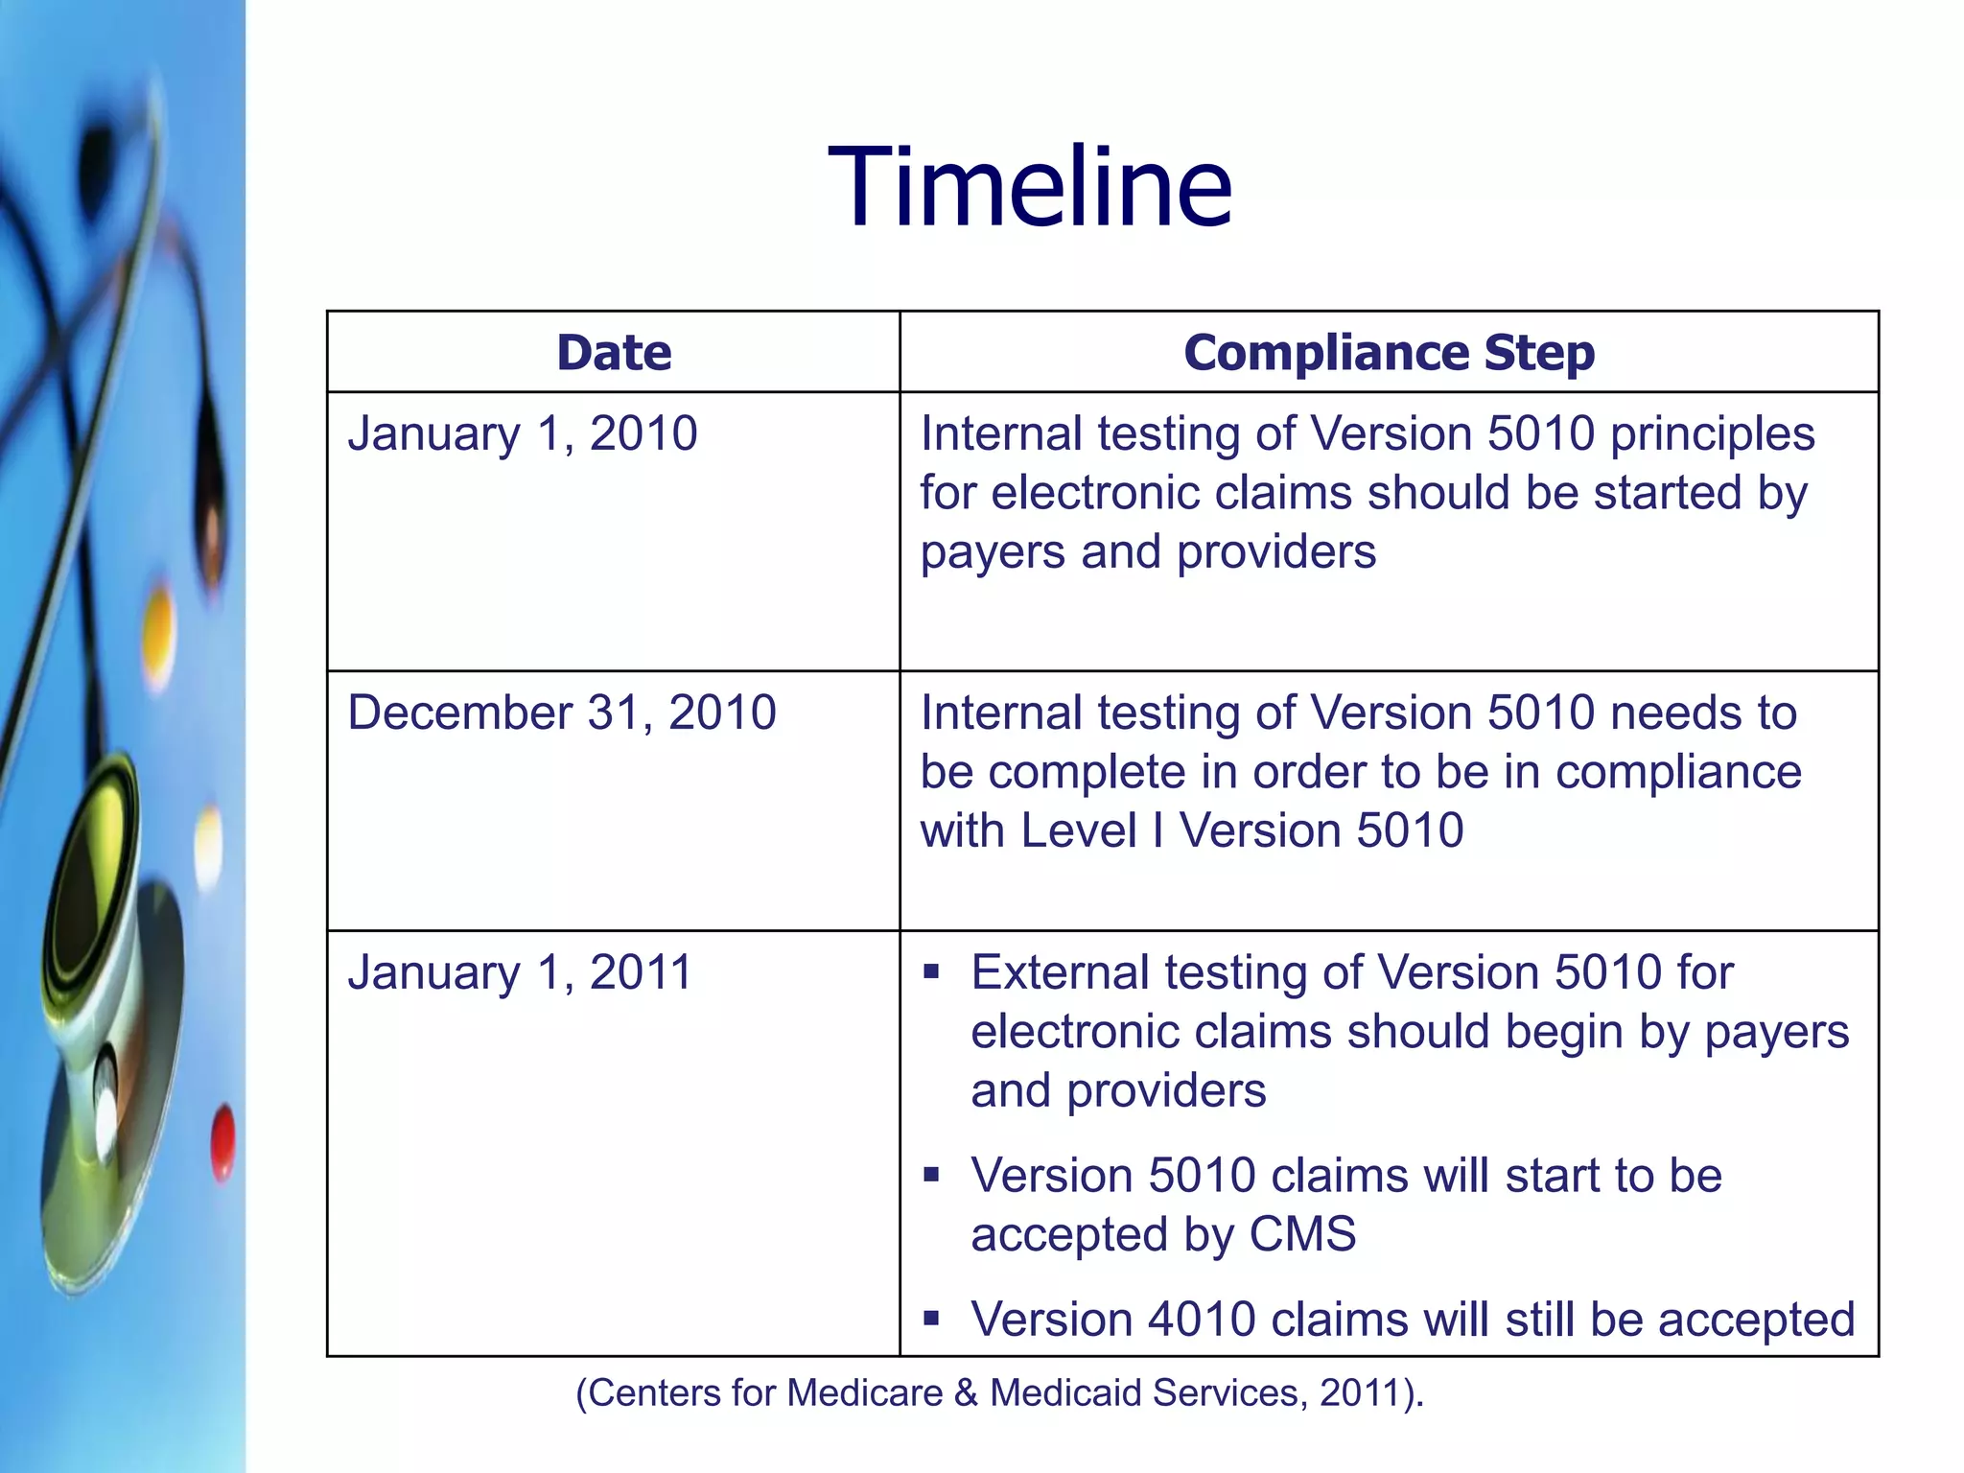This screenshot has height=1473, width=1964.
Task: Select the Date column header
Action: point(614,352)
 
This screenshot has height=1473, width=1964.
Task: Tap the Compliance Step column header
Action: point(1389,352)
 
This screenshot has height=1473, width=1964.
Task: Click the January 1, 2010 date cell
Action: point(523,433)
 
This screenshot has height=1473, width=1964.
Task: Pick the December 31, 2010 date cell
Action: point(562,713)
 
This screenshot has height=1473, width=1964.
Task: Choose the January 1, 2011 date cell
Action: point(520,972)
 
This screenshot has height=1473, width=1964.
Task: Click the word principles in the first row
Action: point(1712,433)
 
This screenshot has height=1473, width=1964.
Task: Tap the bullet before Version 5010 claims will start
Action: point(931,1175)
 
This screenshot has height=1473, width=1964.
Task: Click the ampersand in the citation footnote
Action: point(967,1392)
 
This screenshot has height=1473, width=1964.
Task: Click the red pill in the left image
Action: point(223,1141)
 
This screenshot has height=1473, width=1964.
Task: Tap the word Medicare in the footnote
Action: point(865,1392)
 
